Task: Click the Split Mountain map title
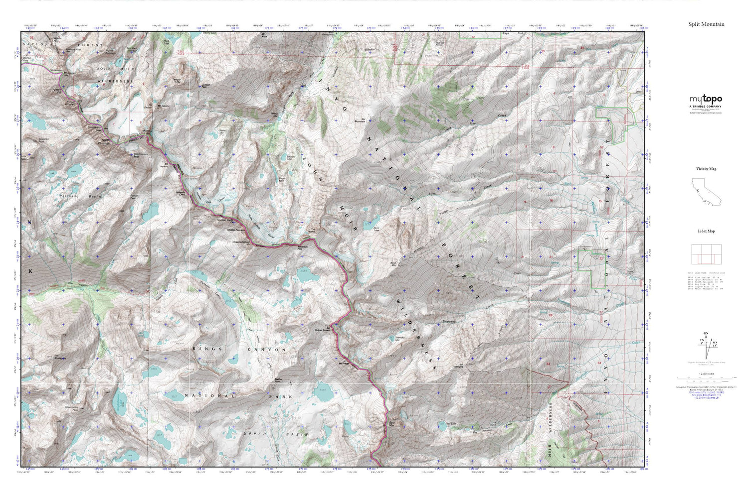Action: [706, 24]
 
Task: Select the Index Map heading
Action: [706, 231]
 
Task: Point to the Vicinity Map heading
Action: [706, 169]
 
